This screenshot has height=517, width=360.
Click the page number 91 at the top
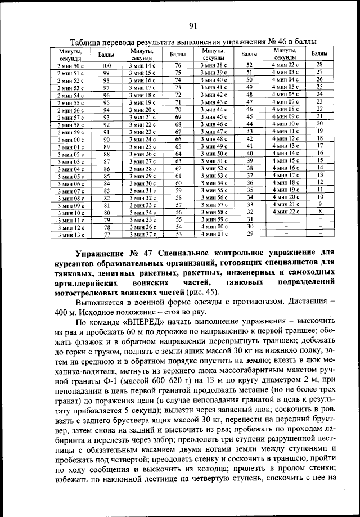pyautogui.click(x=192, y=25)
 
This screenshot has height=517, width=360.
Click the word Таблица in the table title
pyautogui.click(x=87, y=42)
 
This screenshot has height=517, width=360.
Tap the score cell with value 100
pyautogui.click(x=106, y=66)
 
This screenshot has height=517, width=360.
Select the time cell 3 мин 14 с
pyautogui.click(x=141, y=66)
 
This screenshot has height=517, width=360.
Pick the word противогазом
pyautogui.click(x=254, y=303)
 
